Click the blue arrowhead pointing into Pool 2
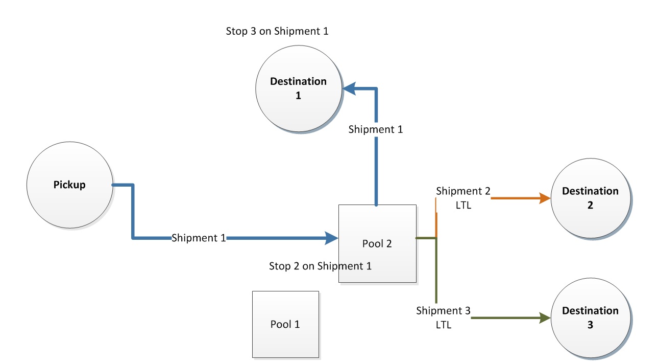[x=332, y=238]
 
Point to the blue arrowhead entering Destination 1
[x=349, y=89]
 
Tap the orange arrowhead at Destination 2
[x=545, y=198]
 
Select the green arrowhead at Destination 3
[x=545, y=318]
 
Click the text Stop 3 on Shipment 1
[x=277, y=31]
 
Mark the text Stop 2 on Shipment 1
[x=320, y=266]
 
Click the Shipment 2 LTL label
[x=463, y=198]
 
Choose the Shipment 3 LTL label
[x=443, y=318]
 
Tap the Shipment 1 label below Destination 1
[x=375, y=129]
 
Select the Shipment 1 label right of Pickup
[x=199, y=238]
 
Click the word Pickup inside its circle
[x=69, y=185]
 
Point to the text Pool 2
[x=377, y=243]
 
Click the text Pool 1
[x=285, y=324]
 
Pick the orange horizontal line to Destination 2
[x=516, y=198]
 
